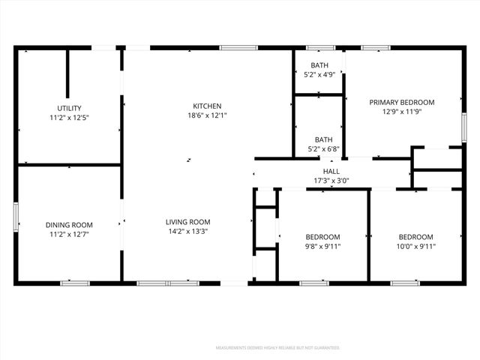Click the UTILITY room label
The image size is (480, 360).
pyautogui.click(x=69, y=108)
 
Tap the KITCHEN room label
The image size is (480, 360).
pyautogui.click(x=206, y=106)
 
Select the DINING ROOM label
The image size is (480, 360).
pyautogui.click(x=69, y=224)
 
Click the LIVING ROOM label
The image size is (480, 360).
pyautogui.click(x=188, y=222)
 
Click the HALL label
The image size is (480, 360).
pyautogui.click(x=331, y=172)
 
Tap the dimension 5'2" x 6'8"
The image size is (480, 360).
pyautogui.click(x=323, y=149)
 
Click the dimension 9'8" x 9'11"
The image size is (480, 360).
pyautogui.click(x=322, y=246)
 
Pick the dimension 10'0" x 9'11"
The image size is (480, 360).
pyautogui.click(x=415, y=246)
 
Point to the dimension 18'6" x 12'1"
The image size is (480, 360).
pyautogui.click(x=206, y=115)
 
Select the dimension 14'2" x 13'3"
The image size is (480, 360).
pyautogui.click(x=188, y=232)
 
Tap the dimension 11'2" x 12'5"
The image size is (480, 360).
pyautogui.click(x=69, y=118)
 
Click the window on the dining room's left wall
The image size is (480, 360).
pyautogui.click(x=16, y=215)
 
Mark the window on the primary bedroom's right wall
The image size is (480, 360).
pyautogui.click(x=464, y=125)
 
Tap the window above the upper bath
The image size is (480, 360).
pyautogui.click(x=319, y=48)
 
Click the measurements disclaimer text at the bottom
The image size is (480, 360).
pyautogui.click(x=277, y=348)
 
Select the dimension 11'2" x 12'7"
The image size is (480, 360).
pyautogui.click(x=69, y=234)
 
